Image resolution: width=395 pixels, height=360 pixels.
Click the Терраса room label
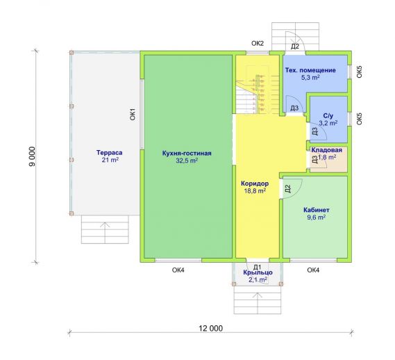point(109,153)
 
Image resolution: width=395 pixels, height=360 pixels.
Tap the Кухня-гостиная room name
point(187,154)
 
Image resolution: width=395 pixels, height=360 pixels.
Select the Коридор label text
point(255,183)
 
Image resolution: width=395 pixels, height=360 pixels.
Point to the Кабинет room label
point(316,210)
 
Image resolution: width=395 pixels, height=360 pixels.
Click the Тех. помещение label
point(310,70)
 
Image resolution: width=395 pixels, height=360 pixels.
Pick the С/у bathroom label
point(328,116)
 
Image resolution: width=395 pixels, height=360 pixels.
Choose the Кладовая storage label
point(327,150)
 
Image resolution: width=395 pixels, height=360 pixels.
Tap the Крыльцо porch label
point(258,272)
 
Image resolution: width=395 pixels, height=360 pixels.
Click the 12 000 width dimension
point(211,329)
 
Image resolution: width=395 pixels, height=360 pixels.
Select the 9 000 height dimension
point(32,156)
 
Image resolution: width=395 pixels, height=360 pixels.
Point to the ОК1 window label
point(133,114)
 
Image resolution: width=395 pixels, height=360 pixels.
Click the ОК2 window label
point(258,43)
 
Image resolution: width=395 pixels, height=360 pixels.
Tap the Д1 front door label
point(258,267)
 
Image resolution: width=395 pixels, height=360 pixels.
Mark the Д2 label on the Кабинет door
point(288,189)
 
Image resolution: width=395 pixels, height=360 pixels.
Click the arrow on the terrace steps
point(105,232)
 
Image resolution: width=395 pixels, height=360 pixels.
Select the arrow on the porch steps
point(258,302)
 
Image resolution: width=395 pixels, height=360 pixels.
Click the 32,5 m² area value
point(187,161)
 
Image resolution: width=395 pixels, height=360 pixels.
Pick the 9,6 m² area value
point(316,218)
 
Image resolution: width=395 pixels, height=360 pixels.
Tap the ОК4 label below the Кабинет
point(313,270)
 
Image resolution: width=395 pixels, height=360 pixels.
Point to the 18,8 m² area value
point(255,190)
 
